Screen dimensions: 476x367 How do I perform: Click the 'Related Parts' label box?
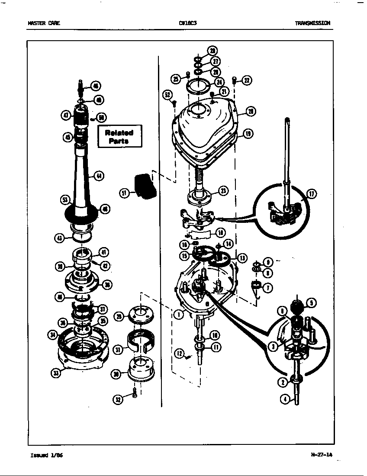(119, 137)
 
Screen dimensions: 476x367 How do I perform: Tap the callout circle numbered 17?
(312, 194)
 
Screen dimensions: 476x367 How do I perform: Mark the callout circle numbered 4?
(285, 399)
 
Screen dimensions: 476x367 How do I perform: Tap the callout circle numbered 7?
(268, 288)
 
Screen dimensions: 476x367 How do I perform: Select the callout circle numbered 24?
(219, 83)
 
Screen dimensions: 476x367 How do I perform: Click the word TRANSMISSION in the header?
(312, 23)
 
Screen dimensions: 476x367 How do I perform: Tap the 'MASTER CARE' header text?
(44, 23)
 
